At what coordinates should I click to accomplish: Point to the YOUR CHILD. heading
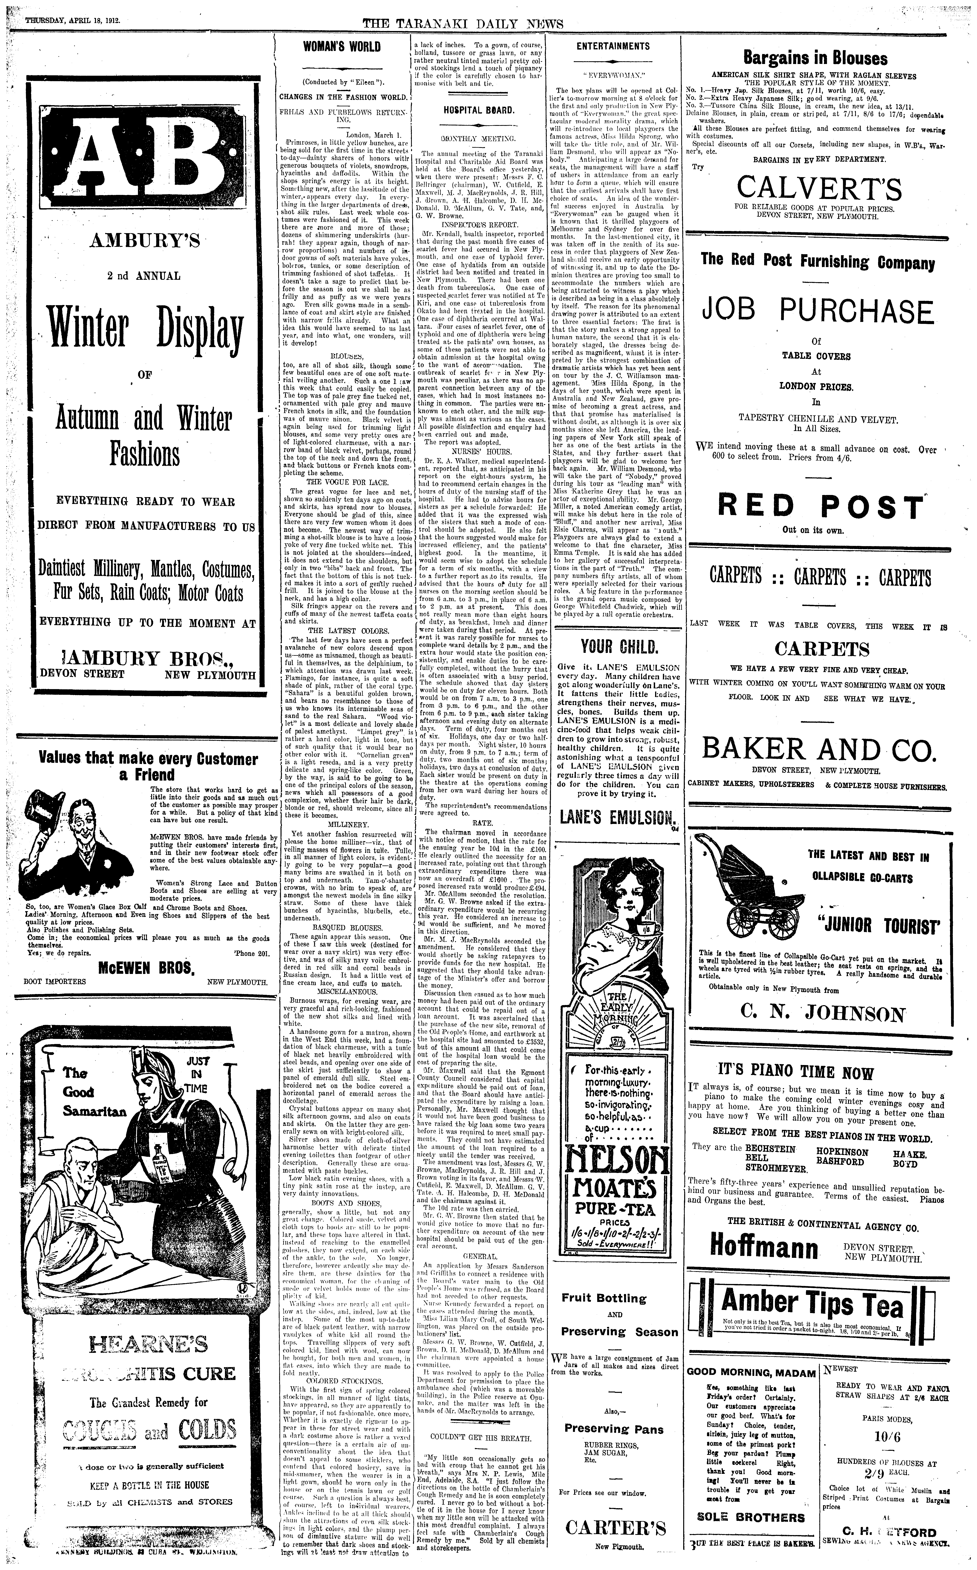[619, 647]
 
